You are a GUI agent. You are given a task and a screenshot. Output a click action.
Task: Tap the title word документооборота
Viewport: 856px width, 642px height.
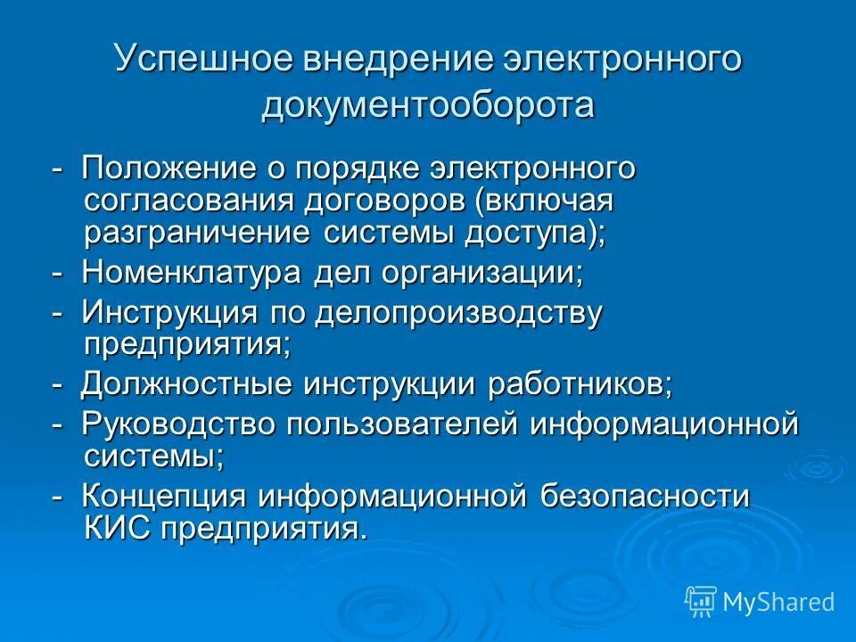pos(428,105)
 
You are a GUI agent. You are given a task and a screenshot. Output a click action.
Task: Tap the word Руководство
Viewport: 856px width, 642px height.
pos(178,425)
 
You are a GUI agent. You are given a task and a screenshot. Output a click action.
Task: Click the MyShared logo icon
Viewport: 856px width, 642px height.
pos(700,601)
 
